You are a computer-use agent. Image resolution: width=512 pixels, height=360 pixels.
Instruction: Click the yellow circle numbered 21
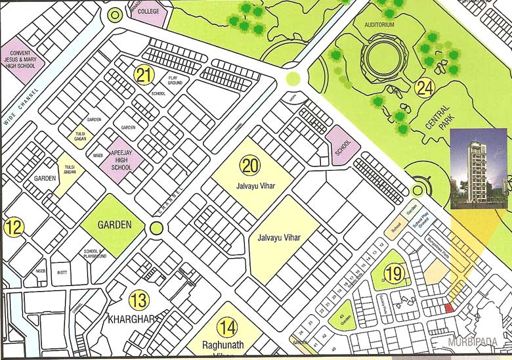pos(144,75)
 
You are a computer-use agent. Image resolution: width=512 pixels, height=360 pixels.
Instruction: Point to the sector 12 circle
pos(14,228)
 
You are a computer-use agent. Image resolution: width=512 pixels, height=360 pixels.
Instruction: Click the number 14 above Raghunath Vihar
pos(227,326)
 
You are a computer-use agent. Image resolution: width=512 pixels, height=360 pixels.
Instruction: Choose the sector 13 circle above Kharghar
pos(139,301)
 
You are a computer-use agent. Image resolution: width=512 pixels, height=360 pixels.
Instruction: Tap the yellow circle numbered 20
pos(249,166)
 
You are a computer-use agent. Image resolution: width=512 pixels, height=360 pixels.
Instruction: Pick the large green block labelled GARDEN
pos(111,225)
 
